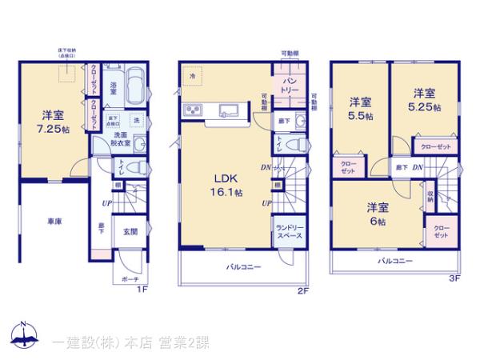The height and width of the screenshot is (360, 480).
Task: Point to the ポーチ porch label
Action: (130, 280)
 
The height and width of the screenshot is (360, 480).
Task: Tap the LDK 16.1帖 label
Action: (222, 185)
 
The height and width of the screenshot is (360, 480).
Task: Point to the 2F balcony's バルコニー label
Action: (243, 267)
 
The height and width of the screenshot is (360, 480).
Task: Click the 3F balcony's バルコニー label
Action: (394, 261)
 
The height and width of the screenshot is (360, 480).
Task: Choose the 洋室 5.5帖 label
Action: (361, 109)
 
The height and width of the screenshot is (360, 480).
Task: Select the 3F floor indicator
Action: (454, 279)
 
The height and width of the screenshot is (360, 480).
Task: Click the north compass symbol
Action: (23, 334)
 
